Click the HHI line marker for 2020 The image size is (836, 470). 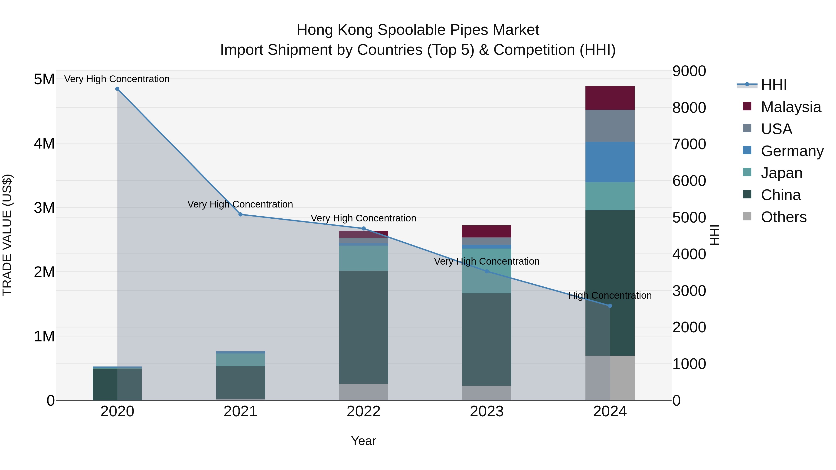pyautogui.click(x=117, y=89)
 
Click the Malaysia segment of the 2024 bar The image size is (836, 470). pyautogui.click(x=610, y=98)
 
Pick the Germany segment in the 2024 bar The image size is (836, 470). pyautogui.click(x=610, y=162)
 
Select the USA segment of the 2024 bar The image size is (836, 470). pyautogui.click(x=610, y=126)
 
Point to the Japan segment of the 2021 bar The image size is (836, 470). pyautogui.click(x=241, y=360)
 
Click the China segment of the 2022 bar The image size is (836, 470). pyautogui.click(x=363, y=327)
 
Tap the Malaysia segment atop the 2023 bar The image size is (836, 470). pyautogui.click(x=487, y=231)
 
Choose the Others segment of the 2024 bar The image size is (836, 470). pyautogui.click(x=610, y=378)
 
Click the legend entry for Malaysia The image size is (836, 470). pyautogui.click(x=790, y=107)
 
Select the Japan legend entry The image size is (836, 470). pyautogui.click(x=781, y=173)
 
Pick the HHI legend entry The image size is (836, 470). pyautogui.click(x=774, y=85)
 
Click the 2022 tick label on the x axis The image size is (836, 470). pyautogui.click(x=363, y=412)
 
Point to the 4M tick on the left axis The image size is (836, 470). pyautogui.click(x=44, y=143)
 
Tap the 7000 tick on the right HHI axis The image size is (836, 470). pyautogui.click(x=689, y=144)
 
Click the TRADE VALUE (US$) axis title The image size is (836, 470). pyautogui.click(x=7, y=235)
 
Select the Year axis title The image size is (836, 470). pyautogui.click(x=363, y=441)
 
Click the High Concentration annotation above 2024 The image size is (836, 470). pyautogui.click(x=610, y=295)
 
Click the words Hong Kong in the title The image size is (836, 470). pyautogui.click(x=335, y=30)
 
